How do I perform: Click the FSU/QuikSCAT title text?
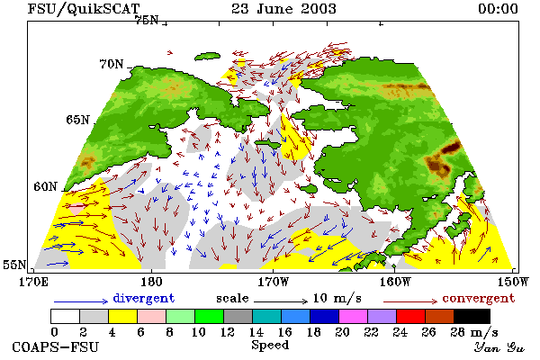[x=84, y=9]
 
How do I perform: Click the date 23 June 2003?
[x=283, y=8]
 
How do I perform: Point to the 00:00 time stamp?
[x=498, y=9]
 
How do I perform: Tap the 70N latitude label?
[x=112, y=64]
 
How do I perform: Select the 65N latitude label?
[x=77, y=120]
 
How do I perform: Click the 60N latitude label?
[x=45, y=186]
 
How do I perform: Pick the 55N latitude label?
[x=14, y=265]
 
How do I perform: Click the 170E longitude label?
[x=33, y=282]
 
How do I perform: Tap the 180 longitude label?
[x=151, y=282]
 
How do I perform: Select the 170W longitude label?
[x=274, y=282]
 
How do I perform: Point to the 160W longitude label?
[x=395, y=282]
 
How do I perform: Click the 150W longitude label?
[x=513, y=282]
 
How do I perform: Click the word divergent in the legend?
[x=144, y=298]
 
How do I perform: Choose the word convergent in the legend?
[x=479, y=298]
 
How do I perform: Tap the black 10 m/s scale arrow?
[x=281, y=301]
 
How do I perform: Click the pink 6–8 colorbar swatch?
[x=151, y=316]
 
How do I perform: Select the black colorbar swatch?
[x=472, y=316]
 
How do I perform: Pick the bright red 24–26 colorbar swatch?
[x=411, y=316]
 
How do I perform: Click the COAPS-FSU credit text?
[x=56, y=346]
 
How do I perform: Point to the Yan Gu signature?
[x=499, y=347]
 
